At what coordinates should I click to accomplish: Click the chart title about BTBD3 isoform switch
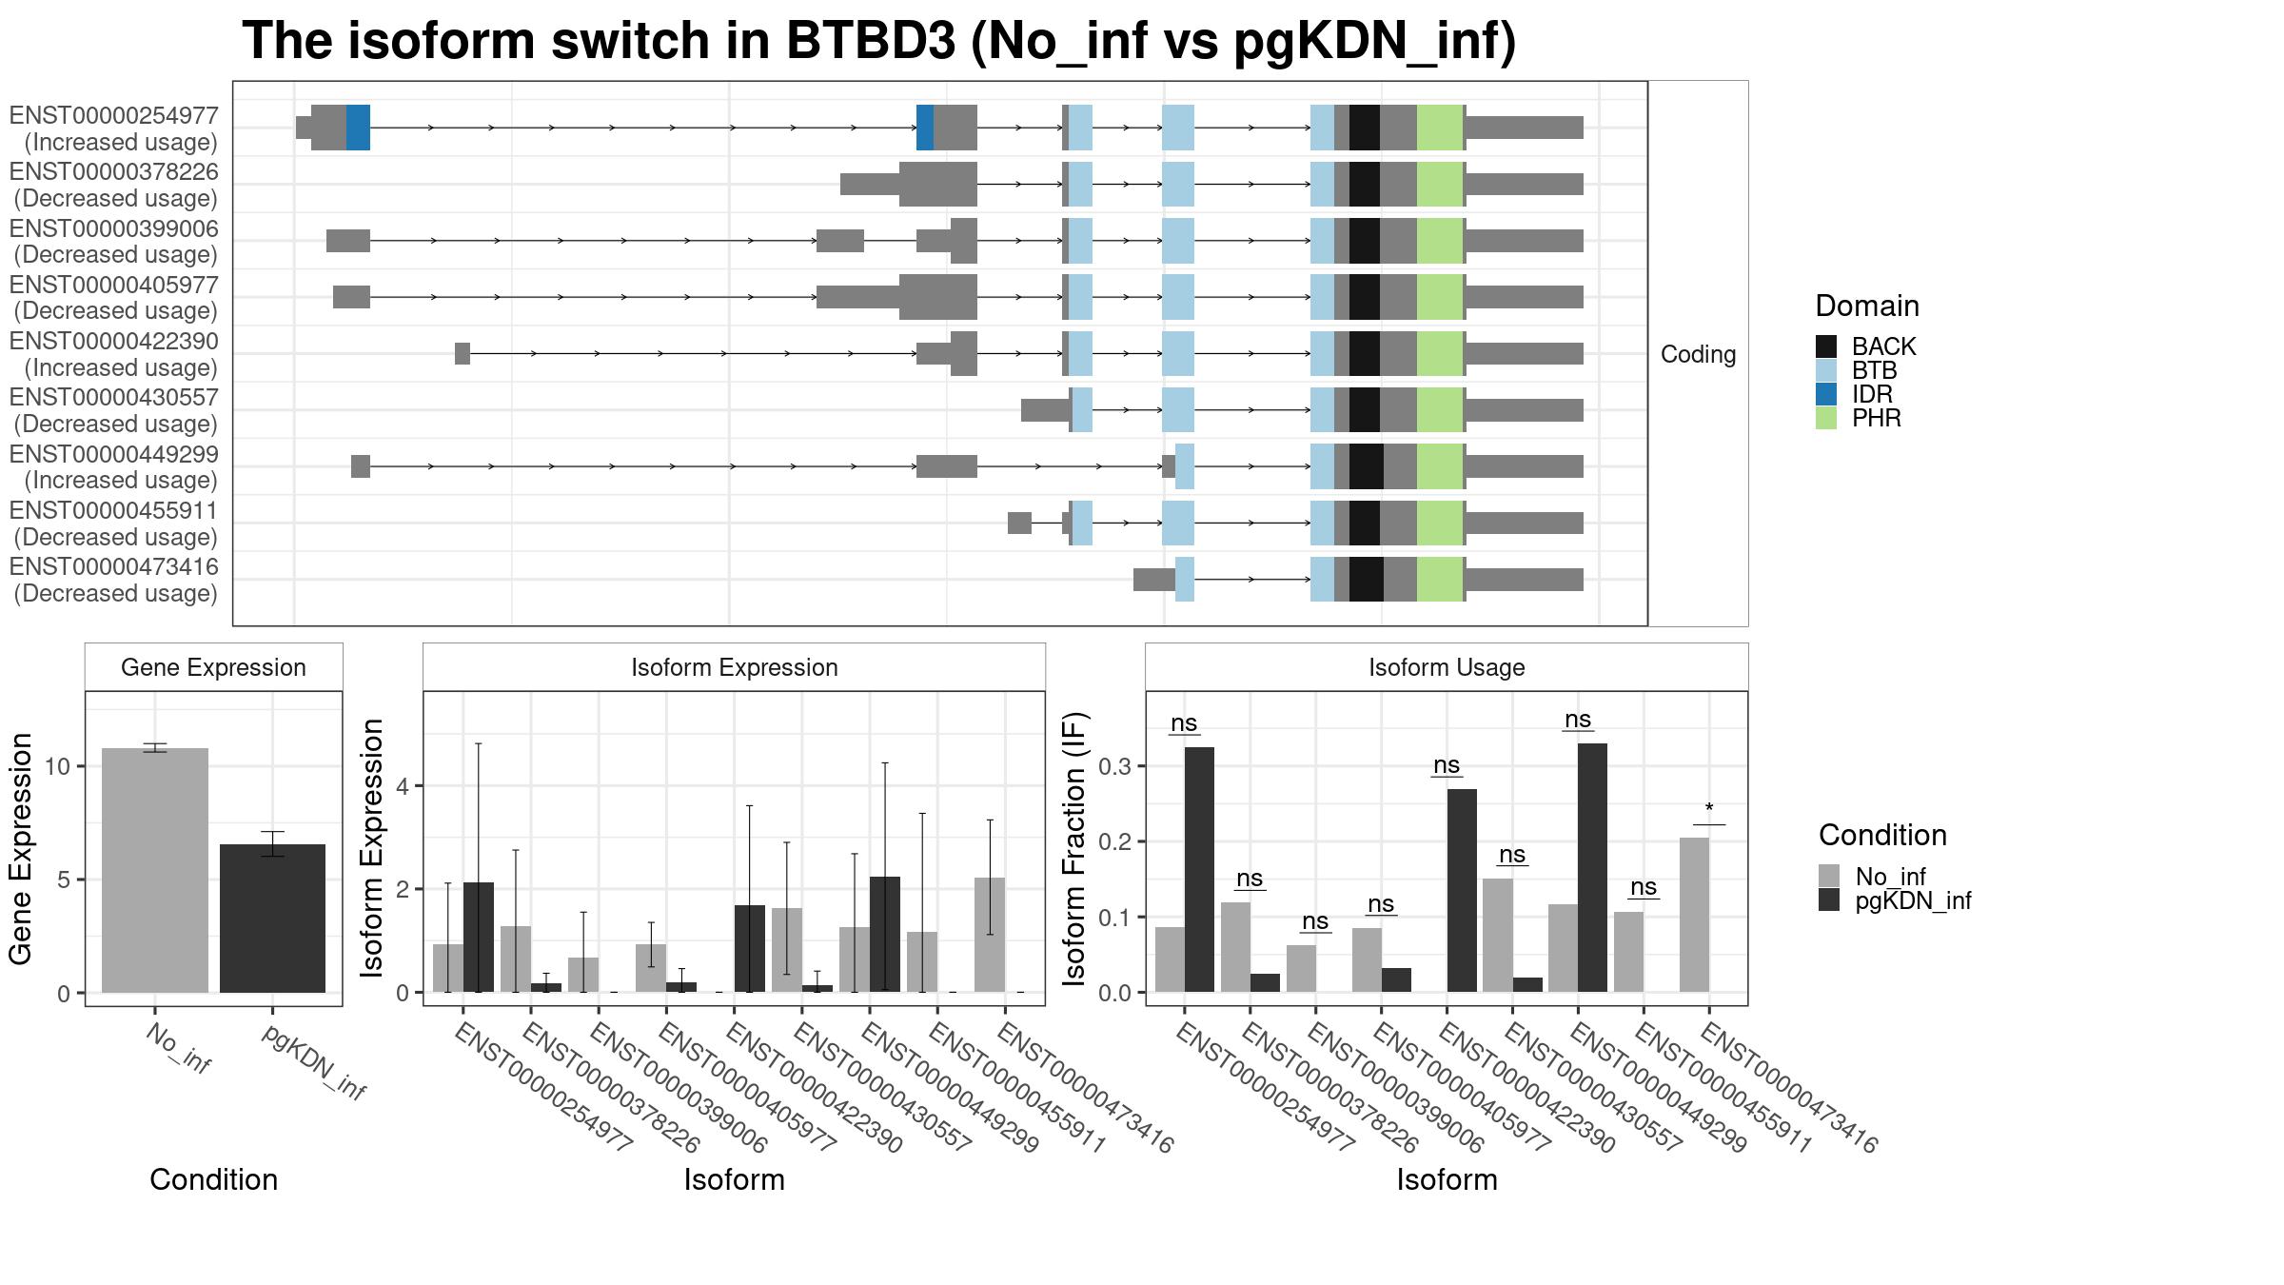tap(878, 42)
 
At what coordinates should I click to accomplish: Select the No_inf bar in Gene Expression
tap(154, 870)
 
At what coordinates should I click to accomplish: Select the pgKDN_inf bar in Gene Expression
tap(272, 919)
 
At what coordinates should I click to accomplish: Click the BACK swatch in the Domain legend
tap(1826, 346)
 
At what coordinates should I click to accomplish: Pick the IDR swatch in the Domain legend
tap(1826, 394)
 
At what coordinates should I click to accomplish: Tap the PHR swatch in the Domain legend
tap(1826, 418)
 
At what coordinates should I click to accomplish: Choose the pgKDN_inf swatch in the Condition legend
tap(1829, 900)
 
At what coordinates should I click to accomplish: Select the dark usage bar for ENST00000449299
tap(1592, 868)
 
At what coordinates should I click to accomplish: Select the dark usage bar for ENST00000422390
tap(1462, 891)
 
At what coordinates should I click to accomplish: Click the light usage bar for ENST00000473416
tap(1694, 915)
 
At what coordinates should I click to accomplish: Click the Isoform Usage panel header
tap(1447, 667)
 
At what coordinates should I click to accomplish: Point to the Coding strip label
tap(1699, 354)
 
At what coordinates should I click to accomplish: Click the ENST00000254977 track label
tap(114, 116)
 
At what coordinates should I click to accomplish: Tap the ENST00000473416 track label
tap(114, 567)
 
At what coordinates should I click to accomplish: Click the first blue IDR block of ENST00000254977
tap(358, 128)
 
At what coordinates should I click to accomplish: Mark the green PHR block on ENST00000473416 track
tap(1440, 579)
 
